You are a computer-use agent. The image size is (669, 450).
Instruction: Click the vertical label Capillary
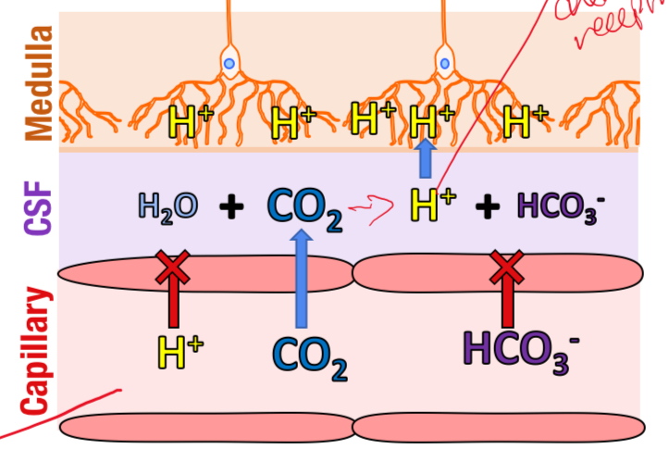pos(35,351)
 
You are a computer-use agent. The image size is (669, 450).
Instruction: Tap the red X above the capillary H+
pos(172,269)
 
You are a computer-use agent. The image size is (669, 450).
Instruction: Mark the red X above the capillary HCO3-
pos(506,269)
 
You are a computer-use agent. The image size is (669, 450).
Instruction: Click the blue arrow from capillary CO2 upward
pos(302,278)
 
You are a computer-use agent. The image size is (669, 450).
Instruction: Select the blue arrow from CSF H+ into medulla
pos(425,157)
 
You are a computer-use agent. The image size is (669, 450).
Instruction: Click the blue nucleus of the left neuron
pos(229,63)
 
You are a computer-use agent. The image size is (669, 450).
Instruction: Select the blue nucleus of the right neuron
pos(445,63)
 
